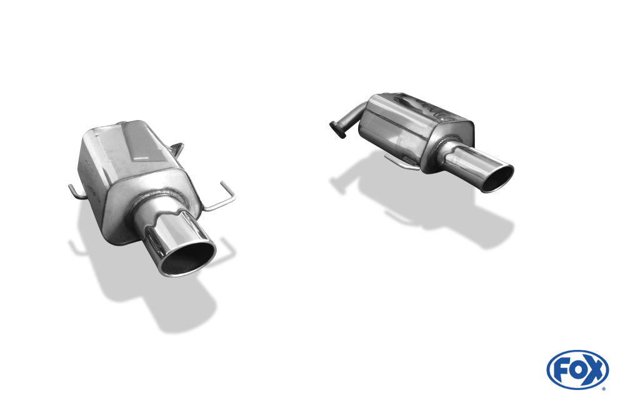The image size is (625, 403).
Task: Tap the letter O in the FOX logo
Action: (x=578, y=369)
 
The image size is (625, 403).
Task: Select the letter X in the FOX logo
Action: (x=594, y=369)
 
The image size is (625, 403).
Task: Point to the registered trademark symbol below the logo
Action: (x=603, y=388)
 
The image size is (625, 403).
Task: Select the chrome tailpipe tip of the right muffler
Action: (x=475, y=164)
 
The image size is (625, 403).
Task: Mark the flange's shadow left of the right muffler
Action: (x=341, y=182)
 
